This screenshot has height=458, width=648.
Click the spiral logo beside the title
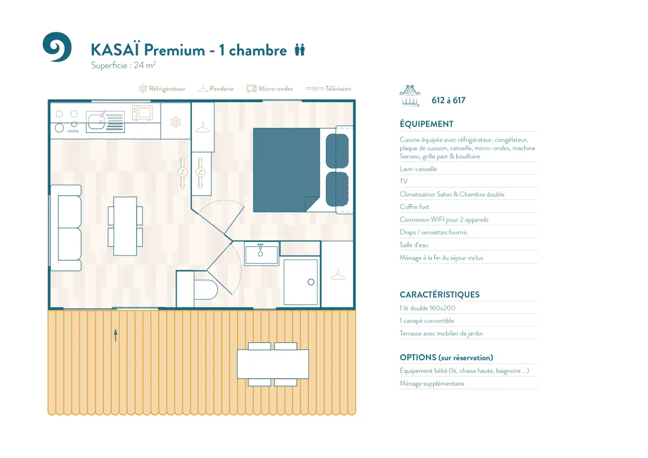[x=57, y=47]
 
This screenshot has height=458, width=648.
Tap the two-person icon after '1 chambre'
[x=300, y=50]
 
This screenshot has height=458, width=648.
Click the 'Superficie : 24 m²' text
[x=123, y=65]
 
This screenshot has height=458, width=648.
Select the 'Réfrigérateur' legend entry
[x=162, y=89]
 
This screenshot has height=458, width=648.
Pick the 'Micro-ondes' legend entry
[x=269, y=89]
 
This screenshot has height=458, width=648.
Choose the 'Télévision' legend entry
[x=329, y=89]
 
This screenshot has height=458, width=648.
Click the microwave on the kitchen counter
[x=143, y=112]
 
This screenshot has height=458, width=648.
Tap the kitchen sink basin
[x=96, y=121]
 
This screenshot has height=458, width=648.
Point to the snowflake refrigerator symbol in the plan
[x=175, y=122]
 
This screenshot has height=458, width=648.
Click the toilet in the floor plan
[x=205, y=289]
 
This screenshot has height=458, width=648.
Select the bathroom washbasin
[x=261, y=254]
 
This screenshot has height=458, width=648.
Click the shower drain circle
[x=311, y=282]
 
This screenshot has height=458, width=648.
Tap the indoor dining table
[x=125, y=226]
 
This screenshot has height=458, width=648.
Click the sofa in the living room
[x=66, y=228]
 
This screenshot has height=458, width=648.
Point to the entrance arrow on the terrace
[x=116, y=335]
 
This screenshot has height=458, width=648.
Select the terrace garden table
[x=273, y=364]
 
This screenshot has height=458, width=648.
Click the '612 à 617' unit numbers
[x=448, y=100]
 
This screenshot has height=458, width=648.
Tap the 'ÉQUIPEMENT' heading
[x=427, y=124]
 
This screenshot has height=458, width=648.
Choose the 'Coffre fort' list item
[x=414, y=207]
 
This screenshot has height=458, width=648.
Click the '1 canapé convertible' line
[x=427, y=321]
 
